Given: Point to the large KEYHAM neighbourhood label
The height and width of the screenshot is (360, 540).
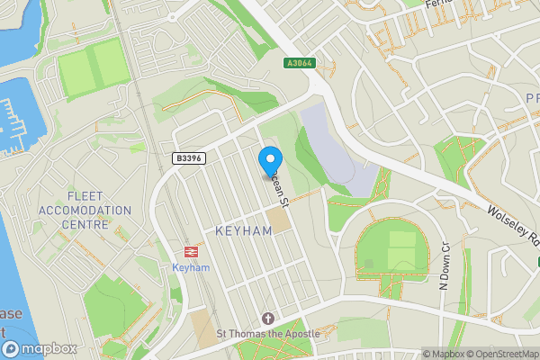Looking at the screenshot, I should [243, 231].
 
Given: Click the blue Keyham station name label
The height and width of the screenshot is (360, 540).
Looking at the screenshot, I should [190, 268].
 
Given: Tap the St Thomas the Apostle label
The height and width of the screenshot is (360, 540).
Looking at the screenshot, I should [268, 334].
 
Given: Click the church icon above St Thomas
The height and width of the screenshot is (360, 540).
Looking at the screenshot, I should [267, 319].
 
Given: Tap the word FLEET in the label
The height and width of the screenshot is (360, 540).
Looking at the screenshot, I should [85, 195].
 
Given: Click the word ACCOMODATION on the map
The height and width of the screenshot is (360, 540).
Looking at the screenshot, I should [85, 210].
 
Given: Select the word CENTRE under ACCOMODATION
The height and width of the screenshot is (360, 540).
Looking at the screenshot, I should [85, 224].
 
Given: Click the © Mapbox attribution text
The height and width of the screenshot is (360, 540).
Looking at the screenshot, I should [443, 354].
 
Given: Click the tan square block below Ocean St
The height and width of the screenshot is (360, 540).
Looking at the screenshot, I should [279, 218].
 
